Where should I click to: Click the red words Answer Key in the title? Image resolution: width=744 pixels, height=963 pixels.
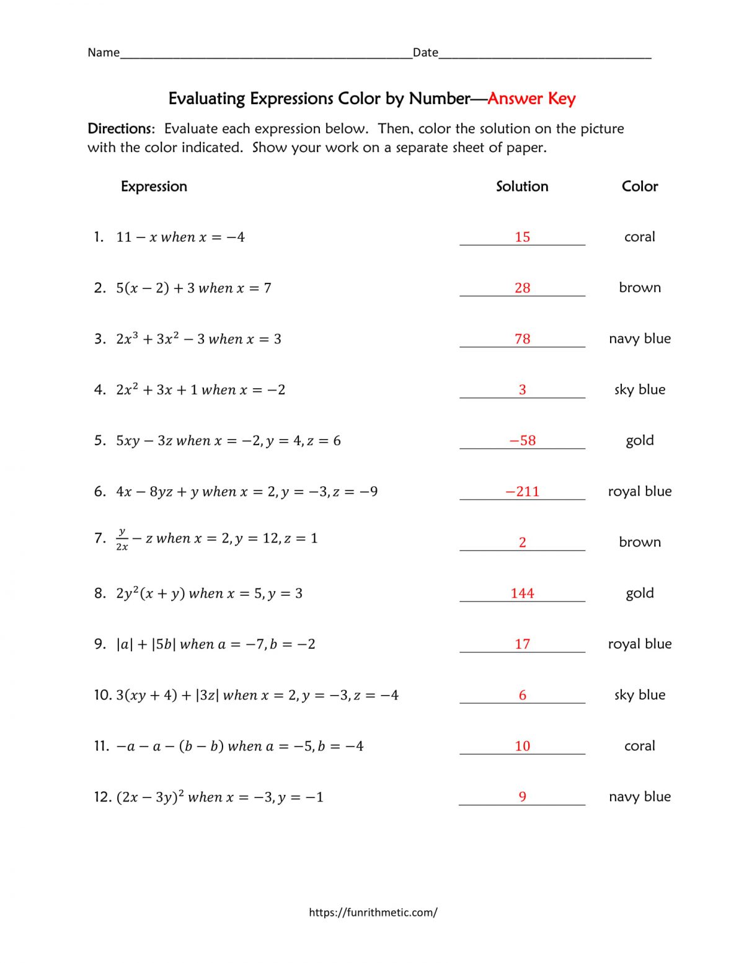tap(531, 99)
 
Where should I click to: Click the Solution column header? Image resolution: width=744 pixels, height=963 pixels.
tap(522, 187)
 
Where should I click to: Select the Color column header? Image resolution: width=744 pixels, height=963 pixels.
tap(639, 187)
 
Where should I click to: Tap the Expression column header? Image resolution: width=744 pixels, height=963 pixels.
tap(154, 187)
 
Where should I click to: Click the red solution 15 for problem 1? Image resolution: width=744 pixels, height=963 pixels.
tap(522, 237)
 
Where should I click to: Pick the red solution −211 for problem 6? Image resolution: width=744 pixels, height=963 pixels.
tap(522, 492)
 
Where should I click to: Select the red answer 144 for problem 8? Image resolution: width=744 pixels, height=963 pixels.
tap(522, 593)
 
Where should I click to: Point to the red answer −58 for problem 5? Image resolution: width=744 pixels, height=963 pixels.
tap(522, 441)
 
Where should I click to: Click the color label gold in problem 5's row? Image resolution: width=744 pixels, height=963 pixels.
tap(639, 441)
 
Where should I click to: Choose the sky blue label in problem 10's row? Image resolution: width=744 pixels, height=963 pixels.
tap(639, 695)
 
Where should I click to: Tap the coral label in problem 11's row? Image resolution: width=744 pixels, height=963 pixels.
tap(639, 746)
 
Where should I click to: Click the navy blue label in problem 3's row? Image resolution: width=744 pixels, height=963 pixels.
tap(639, 339)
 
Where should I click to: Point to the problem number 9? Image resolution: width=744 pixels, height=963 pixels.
tap(100, 644)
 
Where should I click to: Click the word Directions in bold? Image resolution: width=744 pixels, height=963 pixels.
tap(120, 129)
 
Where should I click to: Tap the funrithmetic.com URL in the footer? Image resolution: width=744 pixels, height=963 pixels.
tap(373, 912)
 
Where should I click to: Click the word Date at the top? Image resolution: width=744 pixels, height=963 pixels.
tap(425, 53)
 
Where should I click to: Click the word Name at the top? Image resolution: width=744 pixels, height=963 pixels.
tap(104, 53)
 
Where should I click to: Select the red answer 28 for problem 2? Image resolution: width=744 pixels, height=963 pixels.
tap(522, 288)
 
